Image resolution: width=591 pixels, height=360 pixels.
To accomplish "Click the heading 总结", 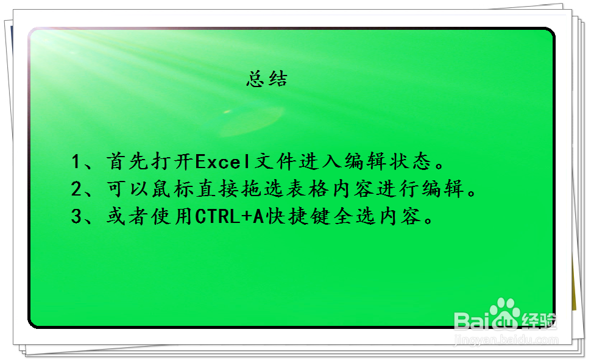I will click(267, 79).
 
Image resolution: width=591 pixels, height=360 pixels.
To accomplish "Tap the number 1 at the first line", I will click(77, 162).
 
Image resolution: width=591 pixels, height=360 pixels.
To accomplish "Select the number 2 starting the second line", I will click(77, 189).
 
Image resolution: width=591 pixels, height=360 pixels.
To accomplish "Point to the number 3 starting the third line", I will click(77, 217).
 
